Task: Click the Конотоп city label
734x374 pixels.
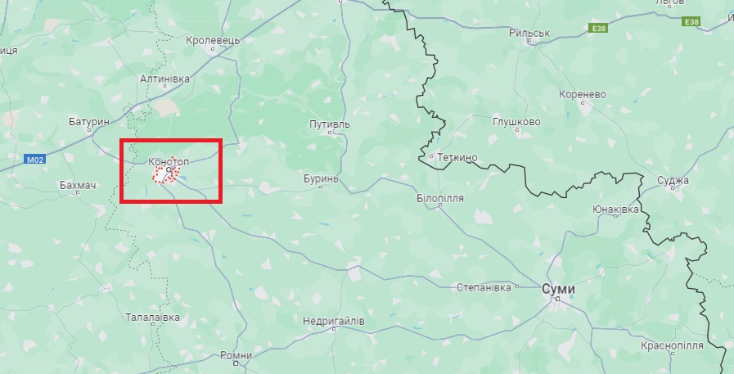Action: [x=169, y=162]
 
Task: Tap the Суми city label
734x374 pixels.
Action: [x=559, y=290]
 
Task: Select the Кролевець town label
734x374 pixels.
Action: [x=213, y=39]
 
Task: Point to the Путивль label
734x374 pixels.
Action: [x=329, y=124]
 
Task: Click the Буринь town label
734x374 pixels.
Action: [x=320, y=178]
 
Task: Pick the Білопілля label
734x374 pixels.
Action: [x=440, y=198]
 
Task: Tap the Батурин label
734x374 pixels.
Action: [x=89, y=121]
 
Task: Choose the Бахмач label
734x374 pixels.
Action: [x=79, y=186]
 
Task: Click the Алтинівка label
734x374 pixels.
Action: [x=164, y=79]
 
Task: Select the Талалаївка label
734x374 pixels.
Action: [x=152, y=317]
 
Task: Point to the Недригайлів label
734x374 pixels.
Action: [x=333, y=322]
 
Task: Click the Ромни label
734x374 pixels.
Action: [x=236, y=356]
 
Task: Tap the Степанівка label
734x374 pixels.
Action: [x=484, y=287]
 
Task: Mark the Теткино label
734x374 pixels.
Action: [x=457, y=155]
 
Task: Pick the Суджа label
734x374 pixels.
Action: [x=673, y=180]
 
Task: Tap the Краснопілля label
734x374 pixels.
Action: [x=672, y=346]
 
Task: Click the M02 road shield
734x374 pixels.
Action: [x=34, y=160]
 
